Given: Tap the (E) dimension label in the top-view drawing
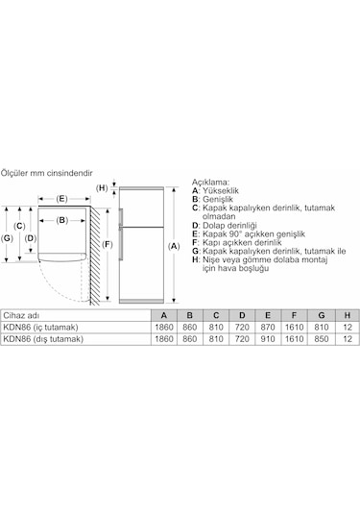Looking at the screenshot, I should (60, 199).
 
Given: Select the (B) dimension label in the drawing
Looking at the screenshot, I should (60, 220).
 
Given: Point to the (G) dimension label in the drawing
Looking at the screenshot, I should (8, 237).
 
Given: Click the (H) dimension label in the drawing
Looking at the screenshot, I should (103, 187).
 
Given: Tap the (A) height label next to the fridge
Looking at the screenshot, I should (174, 246).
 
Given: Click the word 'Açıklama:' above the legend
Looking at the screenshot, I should (211, 181).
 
